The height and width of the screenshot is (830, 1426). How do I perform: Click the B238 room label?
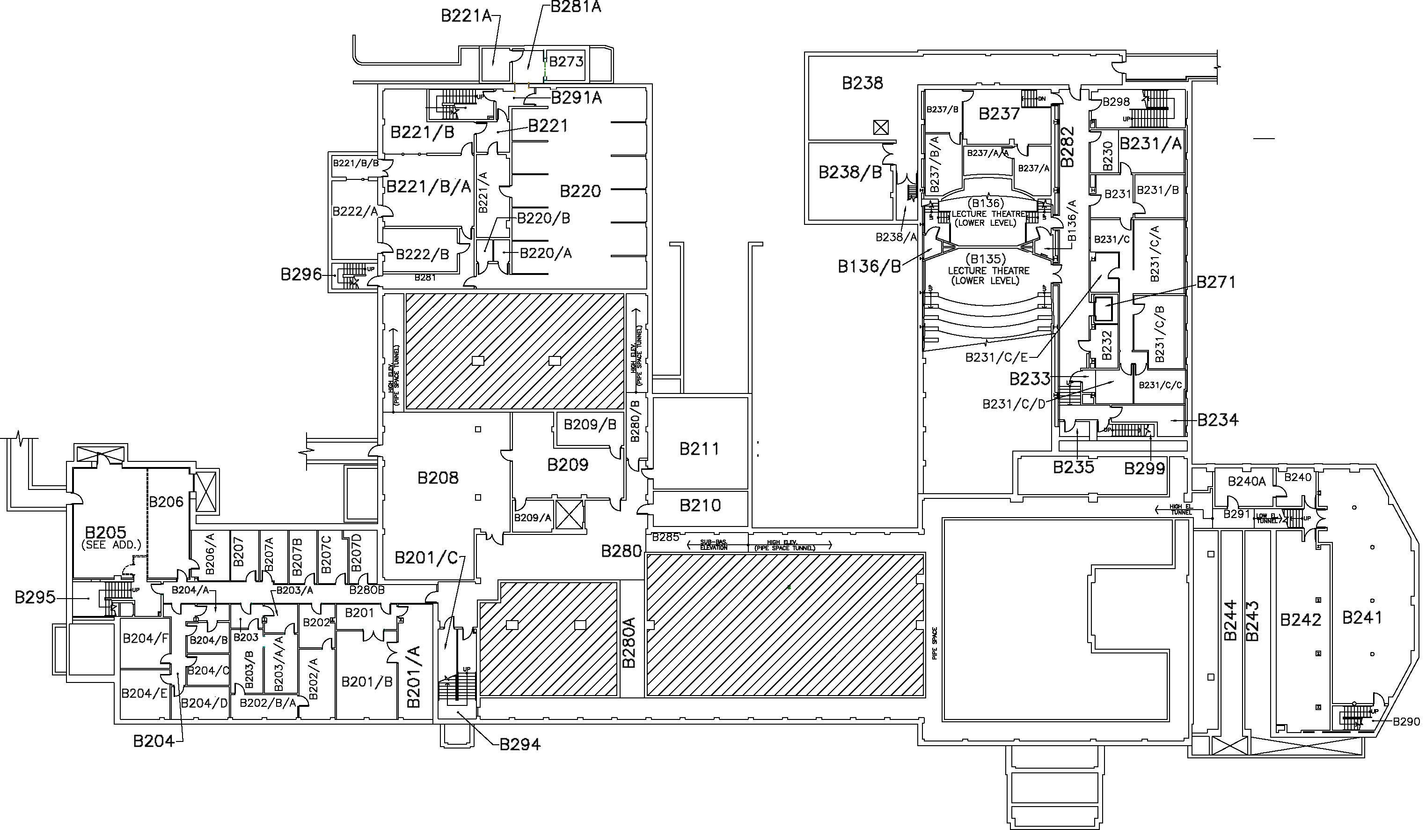862,84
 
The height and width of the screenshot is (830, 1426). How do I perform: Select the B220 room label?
580,192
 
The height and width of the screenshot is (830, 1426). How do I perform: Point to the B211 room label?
699,449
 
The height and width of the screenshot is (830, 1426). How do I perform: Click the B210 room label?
700,505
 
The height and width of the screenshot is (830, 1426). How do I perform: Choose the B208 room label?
438,478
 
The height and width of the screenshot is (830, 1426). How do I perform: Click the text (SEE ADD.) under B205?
111,545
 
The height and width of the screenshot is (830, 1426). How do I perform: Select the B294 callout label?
519,744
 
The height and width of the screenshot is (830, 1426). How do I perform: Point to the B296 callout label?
301,275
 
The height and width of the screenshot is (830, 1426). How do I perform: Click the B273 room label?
566,61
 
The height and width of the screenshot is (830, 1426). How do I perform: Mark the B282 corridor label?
1067,147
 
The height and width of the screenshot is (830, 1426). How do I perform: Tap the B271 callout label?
1215,282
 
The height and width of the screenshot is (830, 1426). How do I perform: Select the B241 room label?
1362,618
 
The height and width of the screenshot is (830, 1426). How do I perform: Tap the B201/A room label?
414,676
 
